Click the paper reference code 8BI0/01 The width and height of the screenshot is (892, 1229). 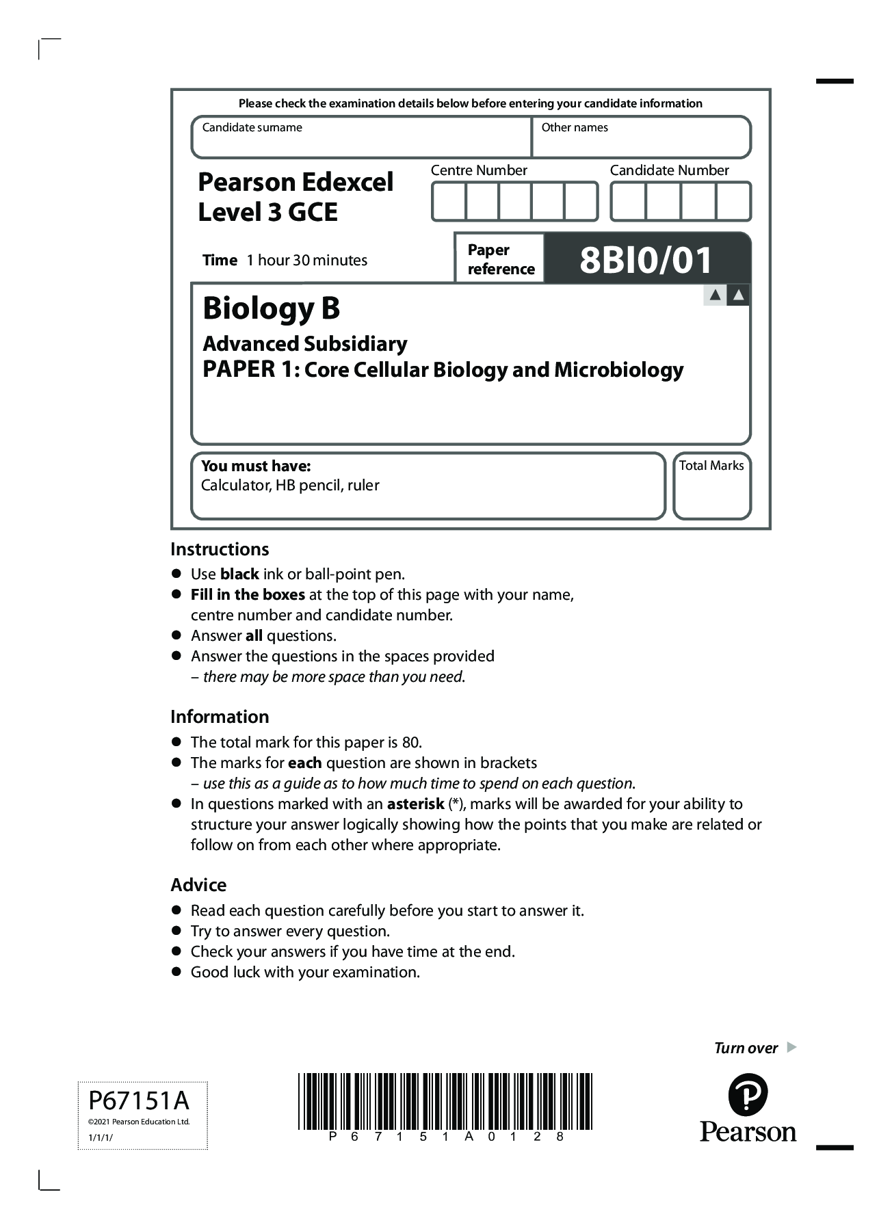(x=646, y=261)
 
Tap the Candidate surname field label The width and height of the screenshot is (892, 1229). (x=252, y=127)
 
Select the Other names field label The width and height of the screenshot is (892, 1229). (x=574, y=127)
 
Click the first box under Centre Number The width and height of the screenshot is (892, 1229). (x=449, y=202)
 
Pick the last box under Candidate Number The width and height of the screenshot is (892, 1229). (x=733, y=202)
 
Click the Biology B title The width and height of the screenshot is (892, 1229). (x=271, y=308)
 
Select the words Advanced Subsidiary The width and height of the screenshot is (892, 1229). (x=304, y=343)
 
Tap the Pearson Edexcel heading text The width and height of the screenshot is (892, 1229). (x=296, y=182)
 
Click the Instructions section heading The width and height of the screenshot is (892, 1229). (x=220, y=549)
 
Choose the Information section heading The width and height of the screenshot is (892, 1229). (x=220, y=717)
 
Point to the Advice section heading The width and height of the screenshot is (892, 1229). (x=198, y=885)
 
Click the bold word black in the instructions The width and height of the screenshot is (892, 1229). (x=239, y=574)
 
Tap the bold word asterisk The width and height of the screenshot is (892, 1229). (x=415, y=804)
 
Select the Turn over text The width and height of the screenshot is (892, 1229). (x=746, y=1048)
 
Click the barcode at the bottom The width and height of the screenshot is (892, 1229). (x=445, y=1101)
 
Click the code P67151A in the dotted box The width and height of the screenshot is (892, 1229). (x=139, y=1101)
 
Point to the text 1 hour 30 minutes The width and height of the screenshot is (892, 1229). (x=306, y=261)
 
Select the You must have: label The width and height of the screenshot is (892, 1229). (x=256, y=466)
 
